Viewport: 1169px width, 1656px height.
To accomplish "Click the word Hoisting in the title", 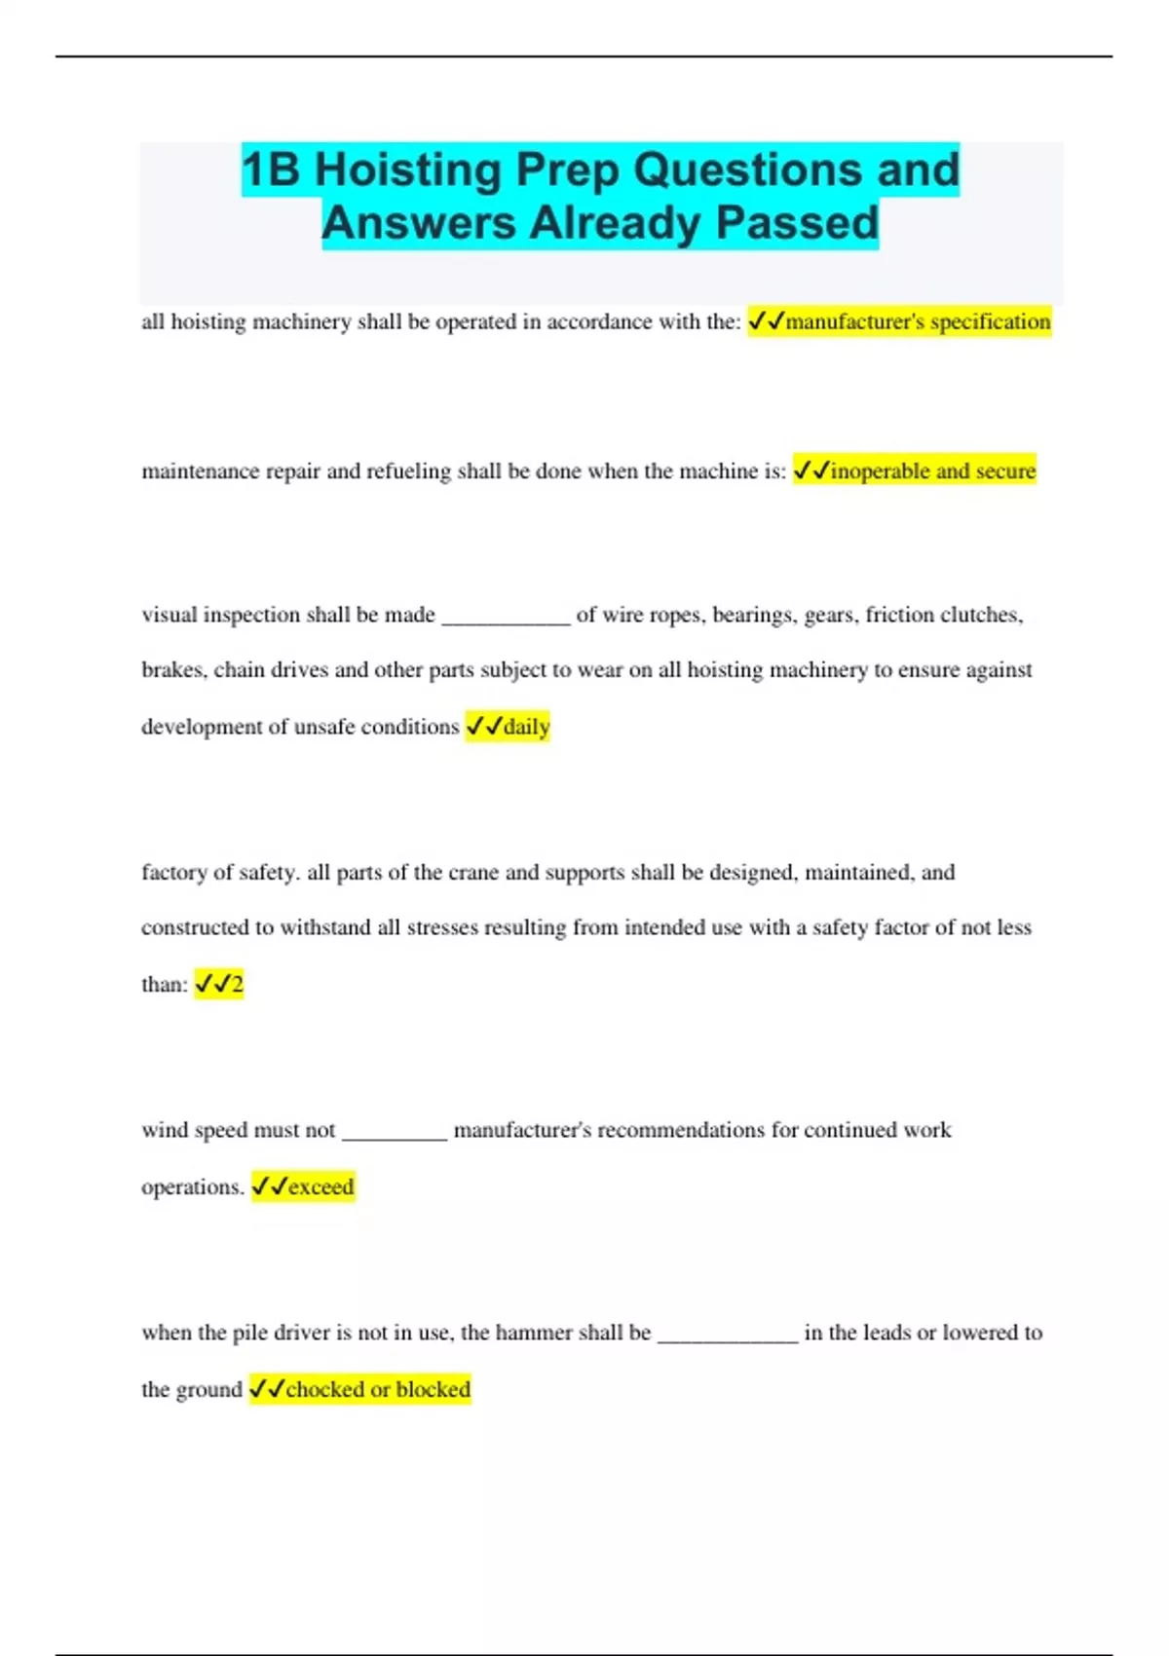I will (407, 170).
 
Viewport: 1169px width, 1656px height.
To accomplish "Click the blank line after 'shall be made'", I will (506, 620).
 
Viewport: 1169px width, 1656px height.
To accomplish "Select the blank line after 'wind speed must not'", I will (395, 1135).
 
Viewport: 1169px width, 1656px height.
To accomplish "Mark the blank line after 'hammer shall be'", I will (728, 1337).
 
